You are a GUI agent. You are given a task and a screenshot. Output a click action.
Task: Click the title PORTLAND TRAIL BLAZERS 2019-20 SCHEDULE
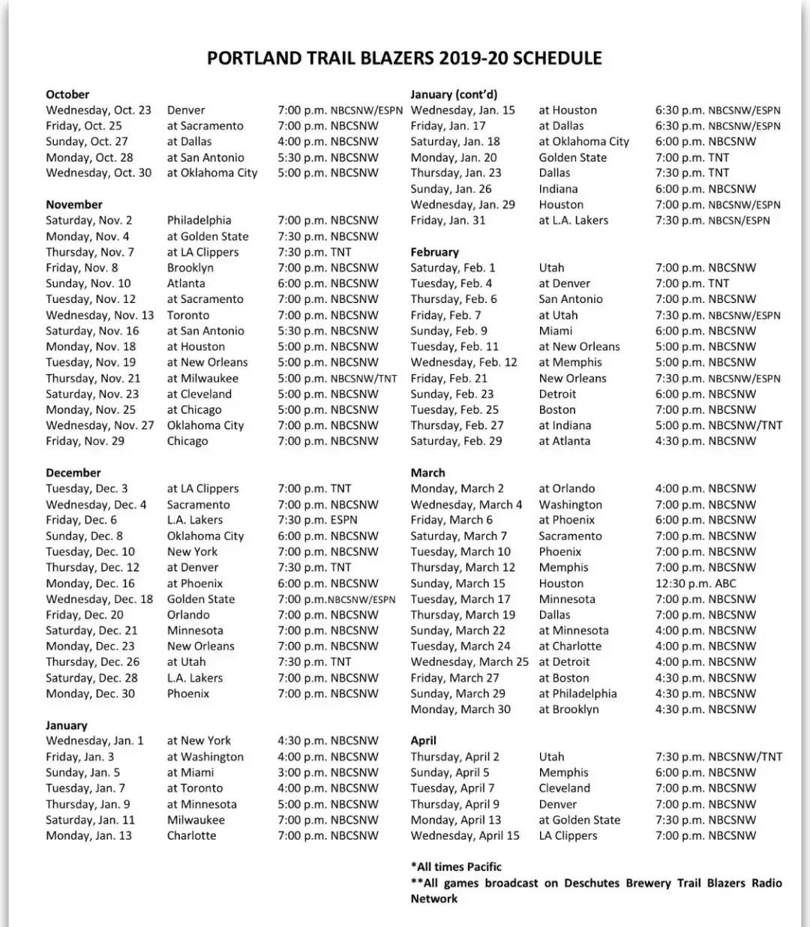(404, 58)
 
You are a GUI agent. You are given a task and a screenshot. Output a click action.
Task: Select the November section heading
(74, 205)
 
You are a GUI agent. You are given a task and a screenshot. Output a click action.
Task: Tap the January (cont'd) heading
(454, 94)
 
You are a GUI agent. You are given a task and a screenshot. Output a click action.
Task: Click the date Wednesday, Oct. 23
(98, 110)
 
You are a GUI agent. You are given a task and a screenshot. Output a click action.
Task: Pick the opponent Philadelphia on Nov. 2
(199, 220)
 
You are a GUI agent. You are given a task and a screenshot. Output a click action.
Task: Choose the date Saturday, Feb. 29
(456, 441)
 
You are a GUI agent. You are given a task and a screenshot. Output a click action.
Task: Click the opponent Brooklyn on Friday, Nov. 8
(190, 268)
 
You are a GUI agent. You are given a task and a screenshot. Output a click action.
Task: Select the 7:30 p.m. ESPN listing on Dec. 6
(317, 520)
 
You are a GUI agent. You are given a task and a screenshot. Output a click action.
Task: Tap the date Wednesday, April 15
(465, 835)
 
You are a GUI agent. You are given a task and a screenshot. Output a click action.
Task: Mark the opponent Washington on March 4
(570, 505)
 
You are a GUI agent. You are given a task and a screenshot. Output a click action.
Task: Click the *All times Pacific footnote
(456, 867)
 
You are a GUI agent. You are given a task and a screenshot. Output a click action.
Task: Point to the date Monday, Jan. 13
(88, 835)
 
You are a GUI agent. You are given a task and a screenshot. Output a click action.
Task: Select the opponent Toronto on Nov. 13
(188, 315)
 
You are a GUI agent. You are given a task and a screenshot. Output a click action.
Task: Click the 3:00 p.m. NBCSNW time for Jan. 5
(328, 772)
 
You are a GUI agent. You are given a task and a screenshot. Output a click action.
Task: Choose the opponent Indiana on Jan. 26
(558, 189)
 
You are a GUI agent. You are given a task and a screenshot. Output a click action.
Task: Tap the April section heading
(423, 740)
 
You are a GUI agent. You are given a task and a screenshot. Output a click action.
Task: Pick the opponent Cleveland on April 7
(564, 788)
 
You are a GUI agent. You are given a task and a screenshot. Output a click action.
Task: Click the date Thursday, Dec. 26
(92, 662)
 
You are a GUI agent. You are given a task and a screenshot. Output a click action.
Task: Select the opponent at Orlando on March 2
(566, 489)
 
